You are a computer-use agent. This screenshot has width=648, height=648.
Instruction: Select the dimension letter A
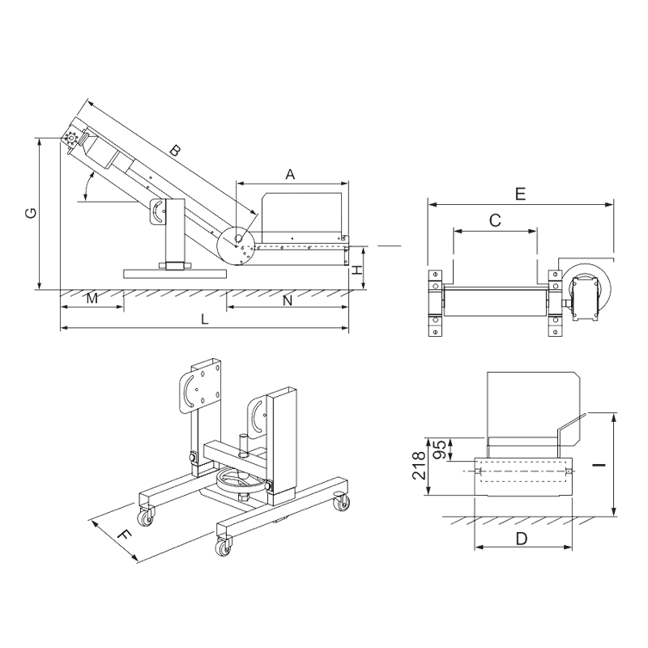(290, 173)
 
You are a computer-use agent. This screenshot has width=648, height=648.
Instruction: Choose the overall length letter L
(207, 321)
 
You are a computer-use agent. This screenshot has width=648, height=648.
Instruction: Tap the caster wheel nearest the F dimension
(147, 516)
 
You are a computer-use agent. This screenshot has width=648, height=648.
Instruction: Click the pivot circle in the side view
(244, 247)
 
